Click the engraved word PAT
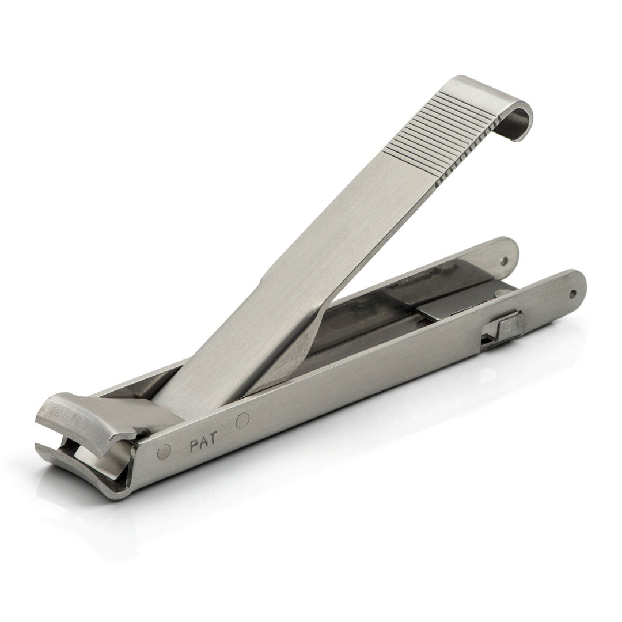(x=202, y=445)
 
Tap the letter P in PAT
(x=194, y=447)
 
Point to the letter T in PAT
(x=211, y=443)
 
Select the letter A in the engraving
(x=202, y=445)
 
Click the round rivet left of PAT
(x=164, y=452)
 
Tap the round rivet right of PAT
(x=242, y=421)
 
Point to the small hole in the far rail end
(x=505, y=260)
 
